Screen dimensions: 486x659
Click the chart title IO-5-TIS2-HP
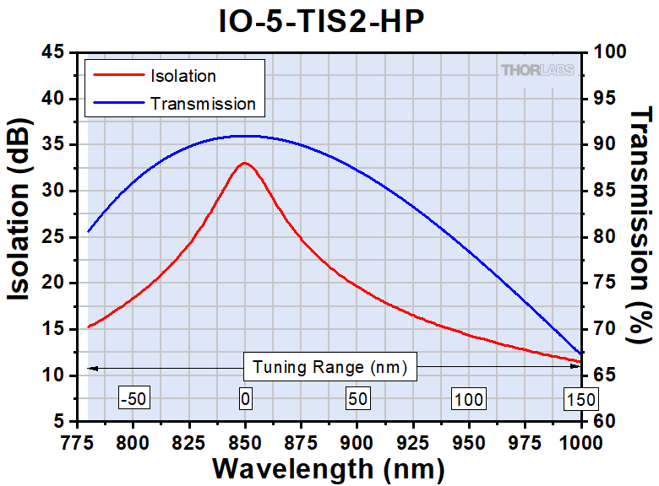[329, 21]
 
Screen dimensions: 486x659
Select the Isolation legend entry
[182, 76]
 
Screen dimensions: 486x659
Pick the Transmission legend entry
[202, 104]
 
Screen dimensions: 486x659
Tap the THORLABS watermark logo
[539, 70]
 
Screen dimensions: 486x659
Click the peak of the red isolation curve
[245, 163]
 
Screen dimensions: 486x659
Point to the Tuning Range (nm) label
[330, 367]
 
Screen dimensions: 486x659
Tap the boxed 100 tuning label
[468, 398]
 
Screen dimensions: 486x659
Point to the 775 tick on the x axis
[76, 441]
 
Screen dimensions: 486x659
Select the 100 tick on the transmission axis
[611, 52]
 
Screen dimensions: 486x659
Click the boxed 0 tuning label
[245, 398]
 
